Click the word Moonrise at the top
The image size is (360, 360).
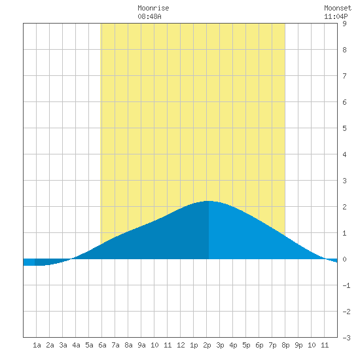pos(153,8)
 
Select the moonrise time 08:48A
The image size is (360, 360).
pos(149,16)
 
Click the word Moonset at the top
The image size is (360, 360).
pos(338,8)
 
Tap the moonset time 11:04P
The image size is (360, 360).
pos(336,16)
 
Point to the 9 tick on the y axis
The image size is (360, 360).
pos(344,24)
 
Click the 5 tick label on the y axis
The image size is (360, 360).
pos(344,128)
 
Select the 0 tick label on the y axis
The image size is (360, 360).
pos(344,259)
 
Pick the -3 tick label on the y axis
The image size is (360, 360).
pos(346,338)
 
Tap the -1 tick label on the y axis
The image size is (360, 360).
pos(346,285)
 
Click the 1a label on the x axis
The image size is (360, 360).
pos(37,345)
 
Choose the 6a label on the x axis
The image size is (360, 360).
pos(102,345)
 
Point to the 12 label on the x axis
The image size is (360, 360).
pos(181,345)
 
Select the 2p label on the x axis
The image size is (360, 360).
pos(207,345)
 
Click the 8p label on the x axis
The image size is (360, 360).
pos(285,345)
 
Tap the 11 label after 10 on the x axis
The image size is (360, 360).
pos(325,345)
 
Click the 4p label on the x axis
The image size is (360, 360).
pos(233,345)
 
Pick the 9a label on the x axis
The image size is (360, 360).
pos(141,345)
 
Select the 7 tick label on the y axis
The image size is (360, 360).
pos(344,76)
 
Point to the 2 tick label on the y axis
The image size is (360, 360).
pos(344,207)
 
